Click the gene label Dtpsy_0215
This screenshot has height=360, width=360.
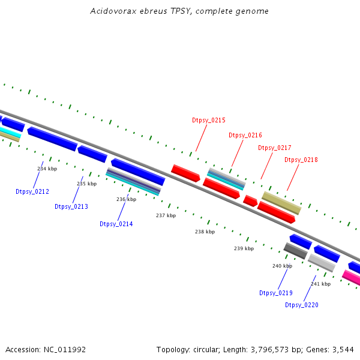[x=209, y=121]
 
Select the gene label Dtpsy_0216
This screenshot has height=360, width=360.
[x=245, y=136]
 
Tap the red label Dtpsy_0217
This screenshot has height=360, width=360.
[x=274, y=148]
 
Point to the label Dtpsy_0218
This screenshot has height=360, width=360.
[x=301, y=160]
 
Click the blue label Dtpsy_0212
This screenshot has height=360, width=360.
[x=32, y=192]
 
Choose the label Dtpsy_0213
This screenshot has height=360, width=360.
[x=71, y=207]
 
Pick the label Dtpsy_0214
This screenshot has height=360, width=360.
[x=116, y=224]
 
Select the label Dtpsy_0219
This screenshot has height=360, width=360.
[x=275, y=293]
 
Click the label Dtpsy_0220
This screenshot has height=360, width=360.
[x=301, y=305]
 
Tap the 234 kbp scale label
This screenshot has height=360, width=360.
[x=47, y=169]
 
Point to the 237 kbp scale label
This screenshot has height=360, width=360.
[x=166, y=215]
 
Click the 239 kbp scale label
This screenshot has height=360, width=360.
[x=244, y=248]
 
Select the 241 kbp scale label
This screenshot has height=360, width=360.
[x=320, y=284]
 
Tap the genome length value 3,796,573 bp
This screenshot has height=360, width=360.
[x=274, y=349]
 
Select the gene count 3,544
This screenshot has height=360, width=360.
[x=341, y=349]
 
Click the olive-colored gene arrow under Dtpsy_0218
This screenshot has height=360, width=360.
[x=281, y=203]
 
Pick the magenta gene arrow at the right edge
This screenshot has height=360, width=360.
[x=352, y=278]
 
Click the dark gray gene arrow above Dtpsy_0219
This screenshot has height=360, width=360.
[x=295, y=251]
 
